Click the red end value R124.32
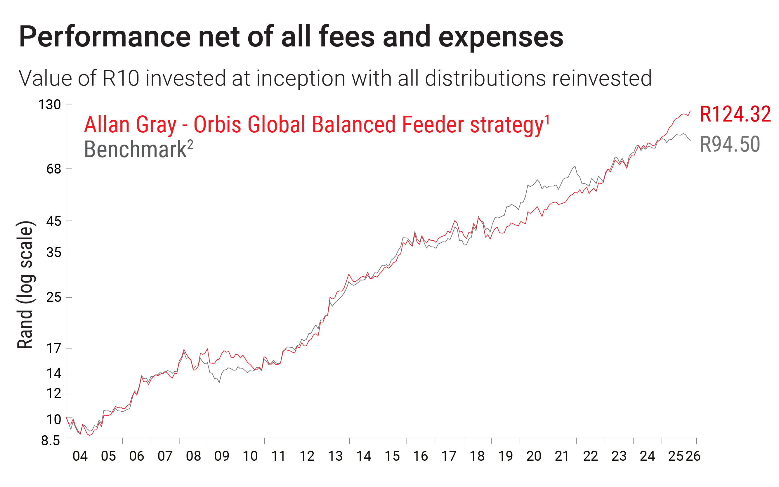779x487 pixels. coord(735,114)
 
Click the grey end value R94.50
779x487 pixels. coord(730,144)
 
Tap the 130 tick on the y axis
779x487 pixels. coord(50,105)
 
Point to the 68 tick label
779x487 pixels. coord(53,169)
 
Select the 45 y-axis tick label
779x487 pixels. coord(53,221)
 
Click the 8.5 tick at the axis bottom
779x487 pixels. coord(51,440)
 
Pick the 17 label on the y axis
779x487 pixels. coord(53,349)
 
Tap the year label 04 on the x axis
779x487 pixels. coord(80,456)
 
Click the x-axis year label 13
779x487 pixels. coord(335,456)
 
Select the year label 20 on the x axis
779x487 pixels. coord(534,456)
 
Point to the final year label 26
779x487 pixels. coord(693,456)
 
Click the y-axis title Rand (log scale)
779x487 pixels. coord(25,285)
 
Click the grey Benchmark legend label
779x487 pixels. coord(135,150)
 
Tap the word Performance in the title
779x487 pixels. coord(105,37)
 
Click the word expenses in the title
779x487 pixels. coord(500,37)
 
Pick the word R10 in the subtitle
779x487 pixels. coord(121,78)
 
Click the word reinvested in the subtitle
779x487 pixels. coord(602,78)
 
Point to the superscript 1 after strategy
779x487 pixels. coord(547,120)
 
